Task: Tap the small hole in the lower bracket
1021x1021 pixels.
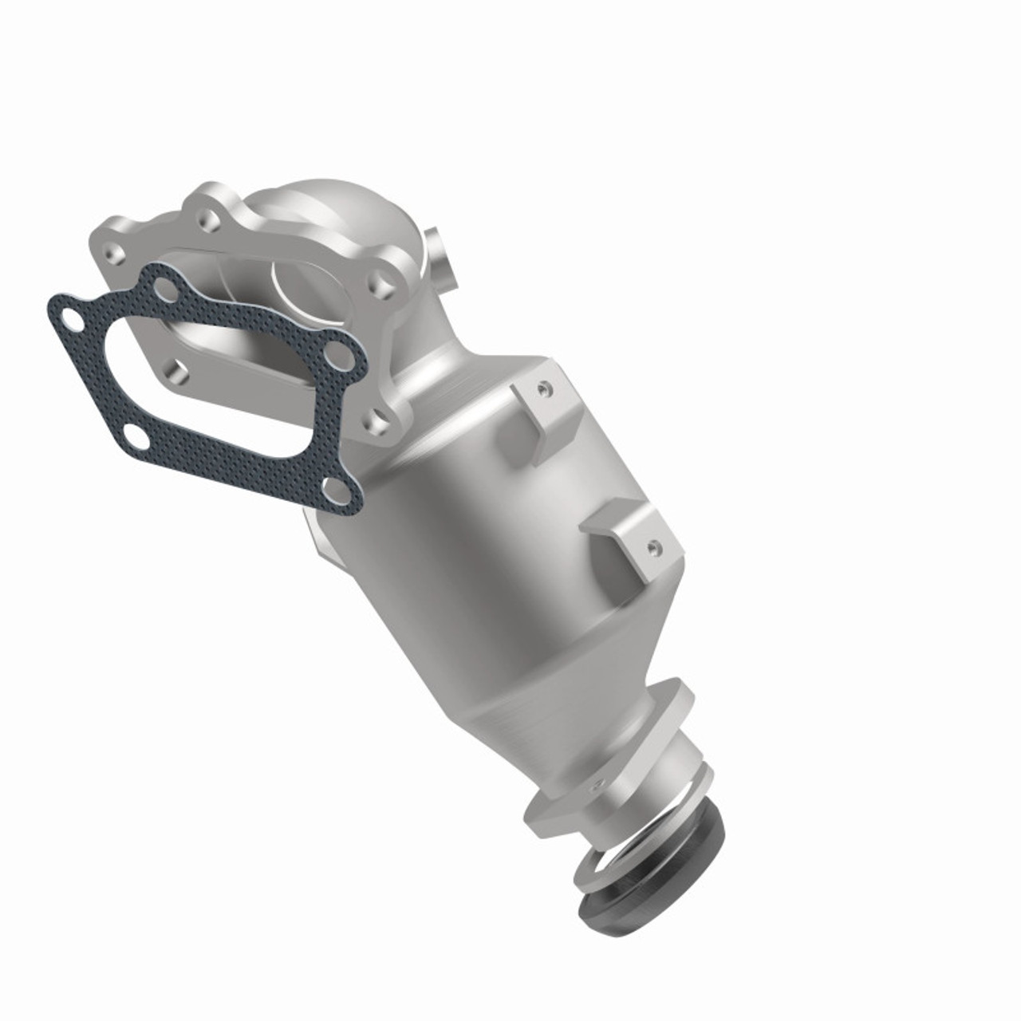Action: tap(655, 547)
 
